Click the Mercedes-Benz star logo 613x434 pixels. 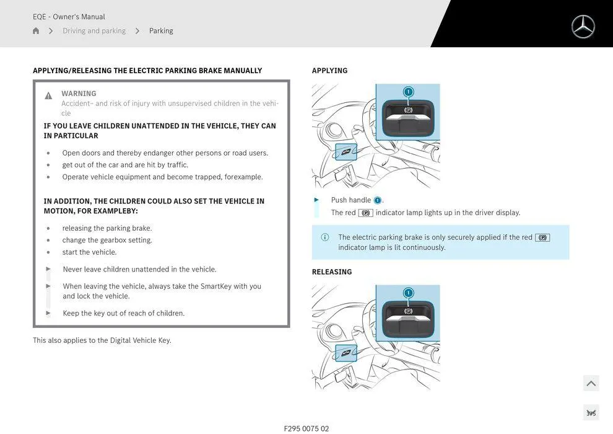click(583, 27)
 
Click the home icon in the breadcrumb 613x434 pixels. click(36, 31)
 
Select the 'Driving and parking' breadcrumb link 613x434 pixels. click(93, 31)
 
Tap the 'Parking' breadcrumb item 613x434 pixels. click(161, 31)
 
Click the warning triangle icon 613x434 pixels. click(48, 95)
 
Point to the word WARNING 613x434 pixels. click(79, 94)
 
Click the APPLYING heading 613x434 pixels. click(329, 71)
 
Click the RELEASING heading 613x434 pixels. click(331, 272)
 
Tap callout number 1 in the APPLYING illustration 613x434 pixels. click(408, 92)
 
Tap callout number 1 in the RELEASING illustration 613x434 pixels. click(408, 293)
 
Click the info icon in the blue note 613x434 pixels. click(325, 237)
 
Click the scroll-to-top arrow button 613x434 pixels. click(591, 383)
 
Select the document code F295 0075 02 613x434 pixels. click(306, 428)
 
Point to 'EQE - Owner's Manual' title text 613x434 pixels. click(69, 17)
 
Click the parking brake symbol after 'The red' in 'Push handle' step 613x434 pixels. click(365, 213)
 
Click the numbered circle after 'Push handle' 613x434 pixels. click(378, 200)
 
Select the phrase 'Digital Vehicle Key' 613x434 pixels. click(141, 340)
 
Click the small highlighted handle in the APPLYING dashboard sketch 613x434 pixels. click(346, 151)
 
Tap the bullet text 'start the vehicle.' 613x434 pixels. click(89, 252)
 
